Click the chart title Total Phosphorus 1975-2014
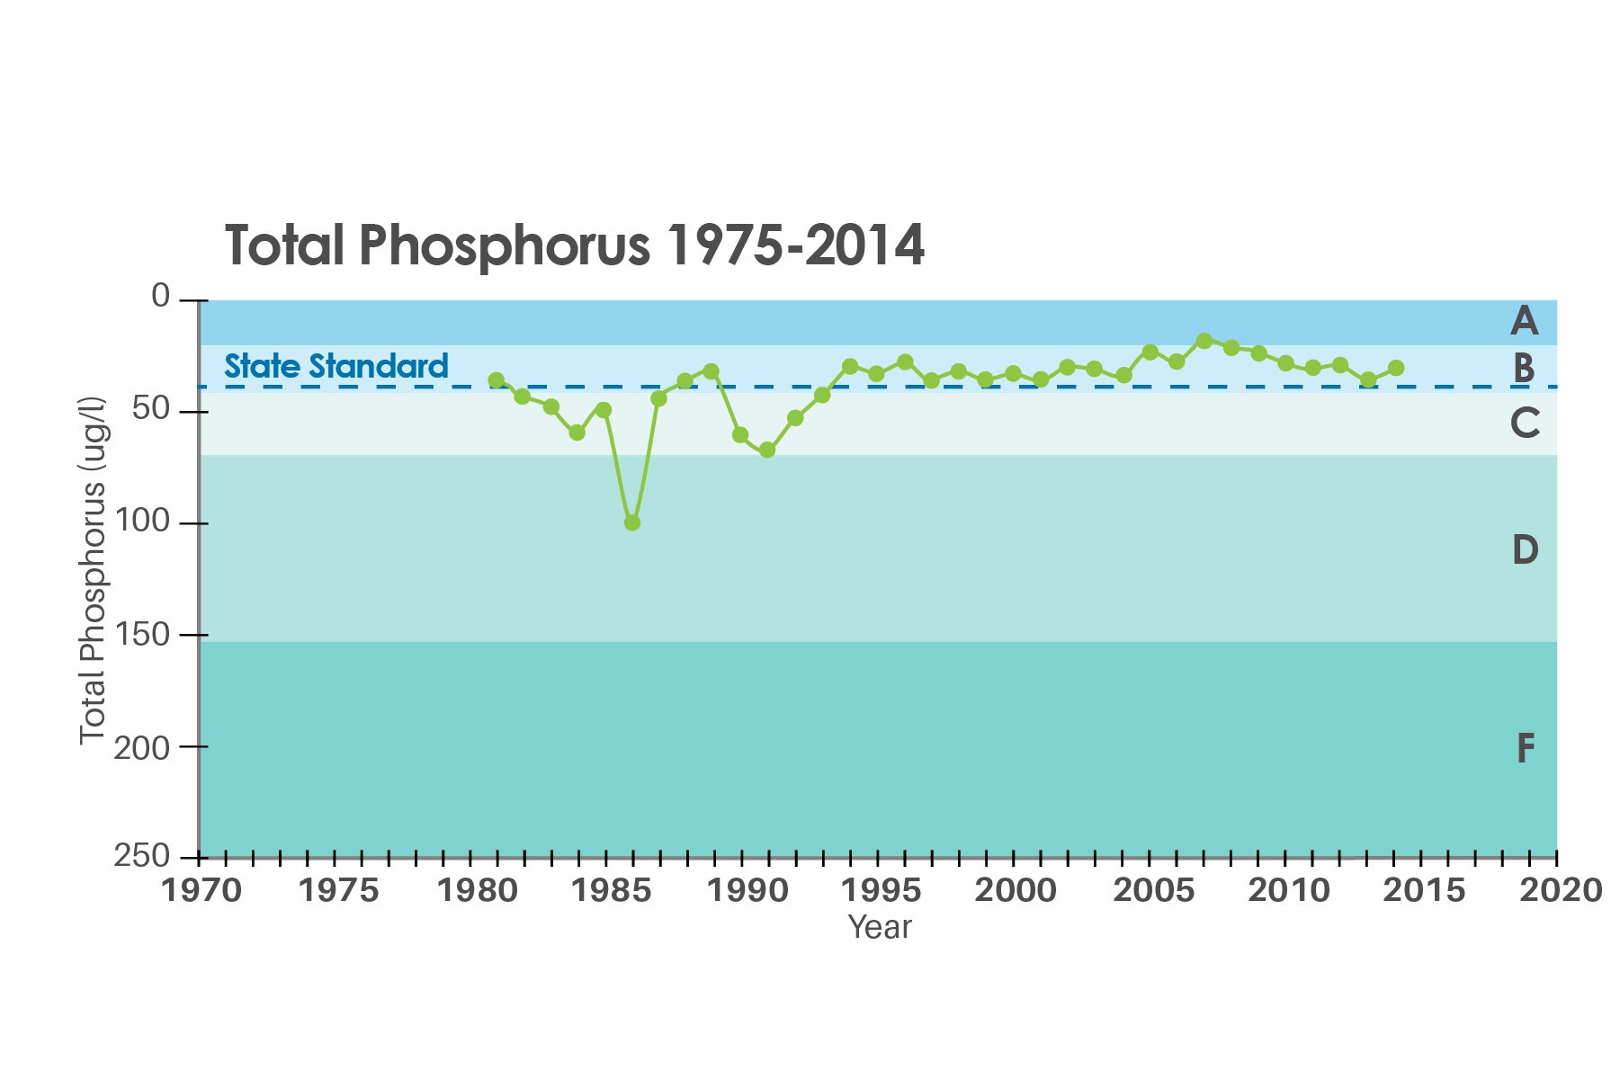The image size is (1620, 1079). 574,245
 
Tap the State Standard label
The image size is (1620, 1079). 336,366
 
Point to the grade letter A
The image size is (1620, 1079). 1524,321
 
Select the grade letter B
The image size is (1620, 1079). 1524,368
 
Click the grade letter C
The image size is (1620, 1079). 1525,423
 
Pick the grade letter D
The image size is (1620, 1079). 1525,549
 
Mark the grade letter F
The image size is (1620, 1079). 1526,748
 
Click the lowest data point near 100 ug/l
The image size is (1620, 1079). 632,522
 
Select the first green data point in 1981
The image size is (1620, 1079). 496,380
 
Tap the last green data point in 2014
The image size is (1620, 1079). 1396,368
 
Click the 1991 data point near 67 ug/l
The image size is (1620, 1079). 767,450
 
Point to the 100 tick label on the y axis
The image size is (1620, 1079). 142,522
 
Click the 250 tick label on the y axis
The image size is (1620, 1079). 142,855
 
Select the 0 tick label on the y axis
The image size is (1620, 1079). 161,296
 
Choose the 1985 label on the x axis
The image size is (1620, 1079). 611,890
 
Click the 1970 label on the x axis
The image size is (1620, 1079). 201,890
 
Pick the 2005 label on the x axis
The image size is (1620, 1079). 1154,890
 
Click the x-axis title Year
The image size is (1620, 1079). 880,927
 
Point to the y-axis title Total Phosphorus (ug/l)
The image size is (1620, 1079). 93,571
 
